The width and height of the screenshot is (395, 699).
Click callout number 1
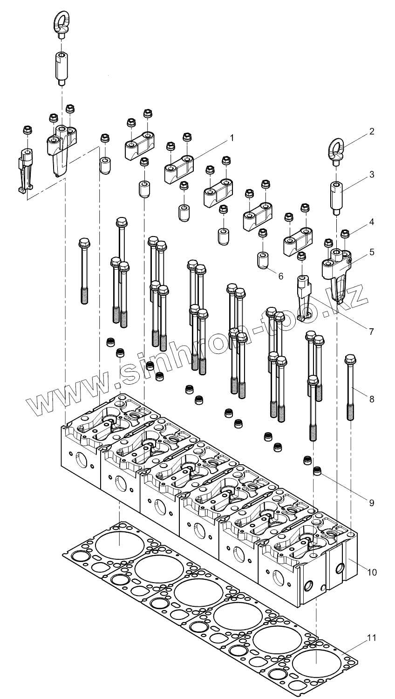coord(231,138)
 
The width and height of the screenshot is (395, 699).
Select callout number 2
coord(372,132)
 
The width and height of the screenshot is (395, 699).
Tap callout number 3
coord(372,175)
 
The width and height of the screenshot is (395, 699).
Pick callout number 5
coord(372,252)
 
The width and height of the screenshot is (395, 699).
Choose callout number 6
coord(280,276)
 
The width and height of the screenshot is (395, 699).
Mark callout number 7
coord(371,332)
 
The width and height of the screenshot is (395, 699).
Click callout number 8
coord(372,399)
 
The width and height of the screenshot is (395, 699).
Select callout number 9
coord(372,502)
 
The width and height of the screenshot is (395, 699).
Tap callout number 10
coord(372,571)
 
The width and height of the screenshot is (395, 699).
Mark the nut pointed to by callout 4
coord(345,233)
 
